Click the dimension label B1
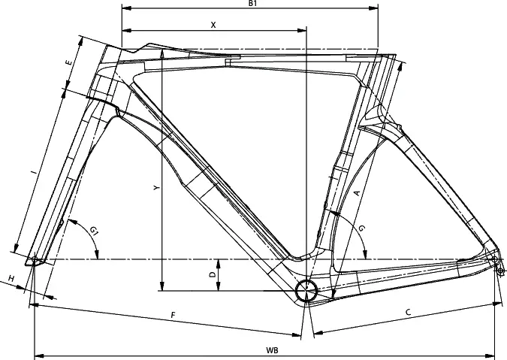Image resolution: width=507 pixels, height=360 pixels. click(x=253, y=4)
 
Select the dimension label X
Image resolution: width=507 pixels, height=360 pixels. click(x=213, y=24)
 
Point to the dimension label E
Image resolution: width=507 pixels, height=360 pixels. click(x=69, y=63)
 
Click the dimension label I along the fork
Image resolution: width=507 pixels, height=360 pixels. click(x=32, y=174)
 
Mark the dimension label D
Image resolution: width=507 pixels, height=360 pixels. click(x=213, y=275)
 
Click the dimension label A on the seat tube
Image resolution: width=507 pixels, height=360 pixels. click(x=356, y=192)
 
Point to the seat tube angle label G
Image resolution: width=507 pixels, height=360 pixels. click(x=362, y=228)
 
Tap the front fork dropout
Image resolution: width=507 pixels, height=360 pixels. click(x=35, y=260)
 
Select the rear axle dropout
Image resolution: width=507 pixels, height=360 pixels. click(x=495, y=260)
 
